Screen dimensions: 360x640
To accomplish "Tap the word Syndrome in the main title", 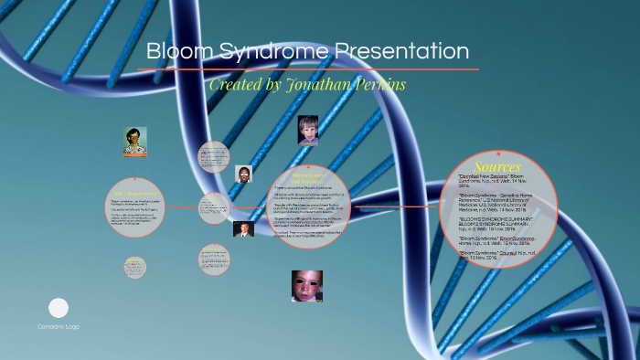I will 270,52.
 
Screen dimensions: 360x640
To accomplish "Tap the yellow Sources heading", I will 497,167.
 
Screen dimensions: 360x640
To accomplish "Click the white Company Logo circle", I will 59,308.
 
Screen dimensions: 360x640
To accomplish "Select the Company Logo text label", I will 59,327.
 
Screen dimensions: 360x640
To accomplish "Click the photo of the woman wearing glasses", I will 135,141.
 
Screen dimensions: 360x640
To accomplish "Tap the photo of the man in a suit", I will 242,229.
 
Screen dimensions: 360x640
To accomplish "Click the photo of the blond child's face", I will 308,130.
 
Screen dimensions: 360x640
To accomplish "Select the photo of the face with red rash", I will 307,286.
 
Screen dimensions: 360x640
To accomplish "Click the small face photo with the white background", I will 244,174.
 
